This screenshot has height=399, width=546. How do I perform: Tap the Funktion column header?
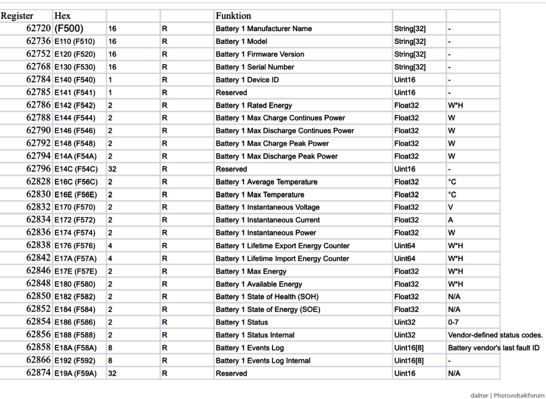[233, 16]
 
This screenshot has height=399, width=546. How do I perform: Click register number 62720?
[38, 29]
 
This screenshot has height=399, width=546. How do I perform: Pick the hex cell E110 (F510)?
[74, 41]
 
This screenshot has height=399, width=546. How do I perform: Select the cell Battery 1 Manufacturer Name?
[263, 29]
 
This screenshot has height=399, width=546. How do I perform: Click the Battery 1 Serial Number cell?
[255, 67]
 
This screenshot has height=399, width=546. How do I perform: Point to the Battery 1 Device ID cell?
[247, 80]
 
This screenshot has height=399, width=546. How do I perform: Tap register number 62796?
[38, 169]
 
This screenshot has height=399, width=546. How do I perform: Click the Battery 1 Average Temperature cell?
[266, 181]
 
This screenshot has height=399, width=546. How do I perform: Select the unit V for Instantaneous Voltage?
[451, 207]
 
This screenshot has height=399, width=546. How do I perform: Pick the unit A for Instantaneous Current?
[451, 220]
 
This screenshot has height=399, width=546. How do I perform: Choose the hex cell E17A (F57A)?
[75, 258]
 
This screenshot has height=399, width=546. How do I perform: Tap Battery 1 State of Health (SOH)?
[266, 297]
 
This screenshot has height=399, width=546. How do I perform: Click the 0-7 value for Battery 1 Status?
[453, 322]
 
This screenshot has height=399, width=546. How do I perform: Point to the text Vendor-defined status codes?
[495, 335]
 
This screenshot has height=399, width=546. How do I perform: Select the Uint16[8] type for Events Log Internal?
[409, 360]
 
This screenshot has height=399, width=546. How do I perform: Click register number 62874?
[38, 373]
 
